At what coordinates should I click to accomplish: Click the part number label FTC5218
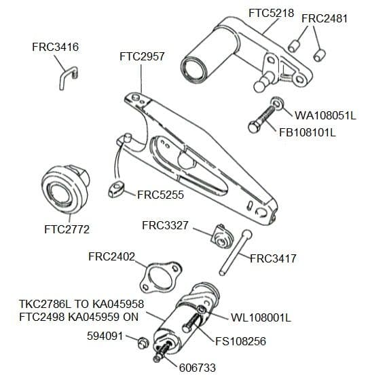[271, 13]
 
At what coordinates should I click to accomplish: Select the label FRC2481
[324, 18]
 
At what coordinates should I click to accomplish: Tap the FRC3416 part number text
[55, 47]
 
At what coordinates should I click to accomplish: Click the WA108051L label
[325, 115]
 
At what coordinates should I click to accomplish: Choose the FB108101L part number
[308, 132]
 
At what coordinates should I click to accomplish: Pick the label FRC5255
[160, 194]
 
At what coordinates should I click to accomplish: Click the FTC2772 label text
[67, 229]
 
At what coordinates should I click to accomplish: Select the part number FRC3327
[164, 225]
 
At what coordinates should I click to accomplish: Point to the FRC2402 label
[112, 256]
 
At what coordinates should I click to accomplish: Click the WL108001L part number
[261, 317]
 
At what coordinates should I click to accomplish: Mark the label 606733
[198, 368]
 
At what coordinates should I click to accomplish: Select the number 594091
[105, 336]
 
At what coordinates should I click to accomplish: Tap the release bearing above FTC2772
[66, 189]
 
